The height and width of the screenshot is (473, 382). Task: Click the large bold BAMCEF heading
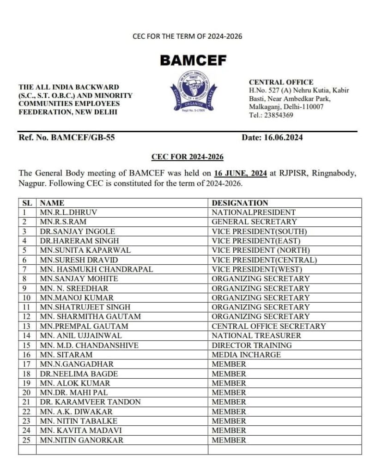tap(193, 60)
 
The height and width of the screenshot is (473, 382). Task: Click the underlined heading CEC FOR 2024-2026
tap(188, 157)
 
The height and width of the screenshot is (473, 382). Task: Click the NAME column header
tap(52, 203)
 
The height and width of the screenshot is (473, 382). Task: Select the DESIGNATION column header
tap(240, 203)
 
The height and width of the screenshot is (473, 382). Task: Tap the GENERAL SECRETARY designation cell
tap(248, 222)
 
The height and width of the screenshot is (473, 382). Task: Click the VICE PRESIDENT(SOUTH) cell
tap(259, 231)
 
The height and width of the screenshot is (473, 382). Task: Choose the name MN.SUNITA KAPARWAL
tap(85, 250)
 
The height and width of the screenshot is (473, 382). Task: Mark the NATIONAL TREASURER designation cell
tap(256, 335)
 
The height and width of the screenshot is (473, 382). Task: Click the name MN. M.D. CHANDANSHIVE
tap(89, 345)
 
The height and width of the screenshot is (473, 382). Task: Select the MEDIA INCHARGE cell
tap(246, 355)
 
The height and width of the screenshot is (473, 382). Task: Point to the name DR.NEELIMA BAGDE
tap(79, 374)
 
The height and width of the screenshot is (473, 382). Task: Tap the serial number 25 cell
tap(27, 440)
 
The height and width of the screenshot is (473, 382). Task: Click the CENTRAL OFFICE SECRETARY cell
tap(269, 326)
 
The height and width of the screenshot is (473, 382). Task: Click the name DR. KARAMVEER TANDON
tap(91, 402)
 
